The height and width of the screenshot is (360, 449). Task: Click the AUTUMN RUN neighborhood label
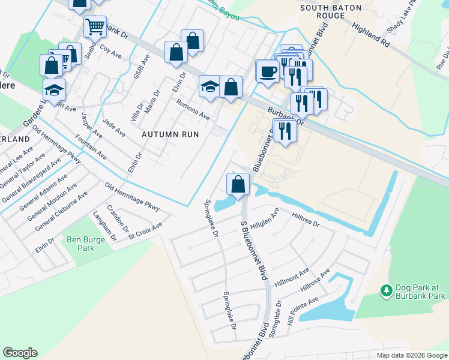click(x=170, y=134)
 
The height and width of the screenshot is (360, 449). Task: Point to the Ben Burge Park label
click(x=86, y=244)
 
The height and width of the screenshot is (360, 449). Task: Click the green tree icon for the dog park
click(x=387, y=291)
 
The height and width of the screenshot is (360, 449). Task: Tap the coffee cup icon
click(x=268, y=71)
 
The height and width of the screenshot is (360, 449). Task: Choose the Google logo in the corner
click(x=20, y=353)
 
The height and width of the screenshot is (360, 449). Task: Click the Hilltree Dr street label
click(x=306, y=218)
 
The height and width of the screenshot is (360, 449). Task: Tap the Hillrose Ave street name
click(x=316, y=280)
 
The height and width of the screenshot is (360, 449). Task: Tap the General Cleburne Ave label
click(x=61, y=211)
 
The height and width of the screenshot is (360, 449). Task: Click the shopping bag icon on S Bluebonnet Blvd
click(x=238, y=184)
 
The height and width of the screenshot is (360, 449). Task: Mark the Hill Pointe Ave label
click(x=301, y=314)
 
